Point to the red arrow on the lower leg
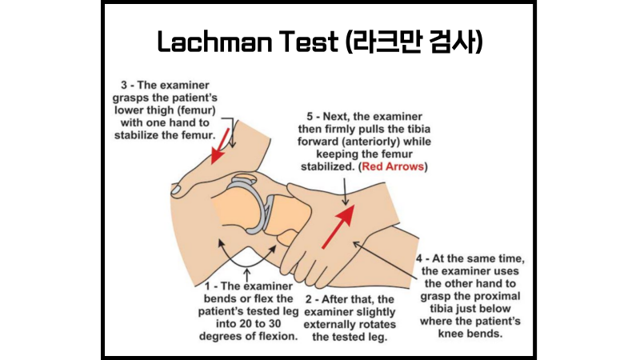pos(337,226)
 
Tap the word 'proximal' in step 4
pos(494,298)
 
